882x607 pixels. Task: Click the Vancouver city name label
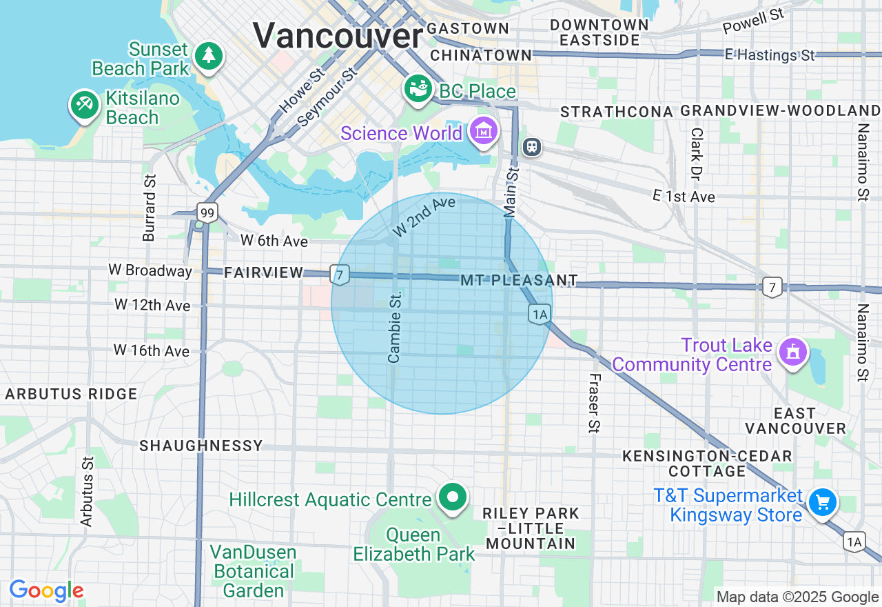point(338,35)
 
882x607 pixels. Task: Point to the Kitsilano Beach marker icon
point(84,106)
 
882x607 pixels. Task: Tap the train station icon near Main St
point(532,146)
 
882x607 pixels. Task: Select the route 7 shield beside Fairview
point(338,275)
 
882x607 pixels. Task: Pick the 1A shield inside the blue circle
point(540,315)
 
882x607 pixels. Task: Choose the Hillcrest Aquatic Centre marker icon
point(453,497)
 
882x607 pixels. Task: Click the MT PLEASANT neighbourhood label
point(519,280)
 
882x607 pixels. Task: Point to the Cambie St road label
point(395,326)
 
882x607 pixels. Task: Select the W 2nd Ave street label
point(424,216)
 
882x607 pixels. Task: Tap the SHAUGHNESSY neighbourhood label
point(201,446)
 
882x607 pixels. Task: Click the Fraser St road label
point(594,404)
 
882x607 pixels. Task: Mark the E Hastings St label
point(770,54)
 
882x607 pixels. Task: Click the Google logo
point(46,591)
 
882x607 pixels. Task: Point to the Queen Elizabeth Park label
point(414,544)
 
